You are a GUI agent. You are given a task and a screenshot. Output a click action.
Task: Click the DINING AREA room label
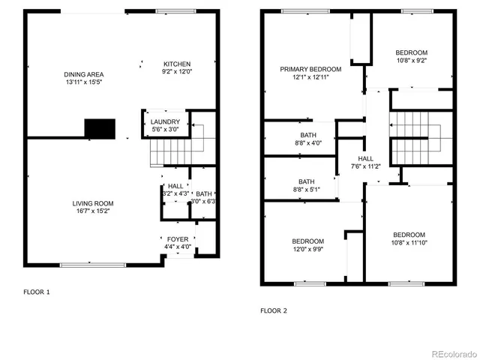(83, 74)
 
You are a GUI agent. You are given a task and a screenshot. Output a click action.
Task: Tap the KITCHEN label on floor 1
(178, 64)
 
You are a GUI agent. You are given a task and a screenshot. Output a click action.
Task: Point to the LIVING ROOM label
(93, 203)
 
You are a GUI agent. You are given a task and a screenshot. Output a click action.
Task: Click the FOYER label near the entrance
(178, 239)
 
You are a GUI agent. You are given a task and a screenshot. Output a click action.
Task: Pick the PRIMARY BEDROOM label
(310, 69)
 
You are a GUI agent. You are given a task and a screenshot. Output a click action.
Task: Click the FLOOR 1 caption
(37, 291)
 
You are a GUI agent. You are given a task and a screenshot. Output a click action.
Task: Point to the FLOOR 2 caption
(273, 310)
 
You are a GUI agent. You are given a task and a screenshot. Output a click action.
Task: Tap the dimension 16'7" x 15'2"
(93, 211)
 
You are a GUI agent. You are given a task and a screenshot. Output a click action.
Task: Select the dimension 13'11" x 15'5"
(83, 83)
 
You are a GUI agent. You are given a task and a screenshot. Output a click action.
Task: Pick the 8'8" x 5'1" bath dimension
(306, 190)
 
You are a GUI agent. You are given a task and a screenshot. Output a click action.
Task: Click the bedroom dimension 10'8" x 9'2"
(412, 61)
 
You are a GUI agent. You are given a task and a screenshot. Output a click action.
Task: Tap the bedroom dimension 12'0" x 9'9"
(307, 250)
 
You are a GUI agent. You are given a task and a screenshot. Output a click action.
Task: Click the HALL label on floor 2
(365, 158)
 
